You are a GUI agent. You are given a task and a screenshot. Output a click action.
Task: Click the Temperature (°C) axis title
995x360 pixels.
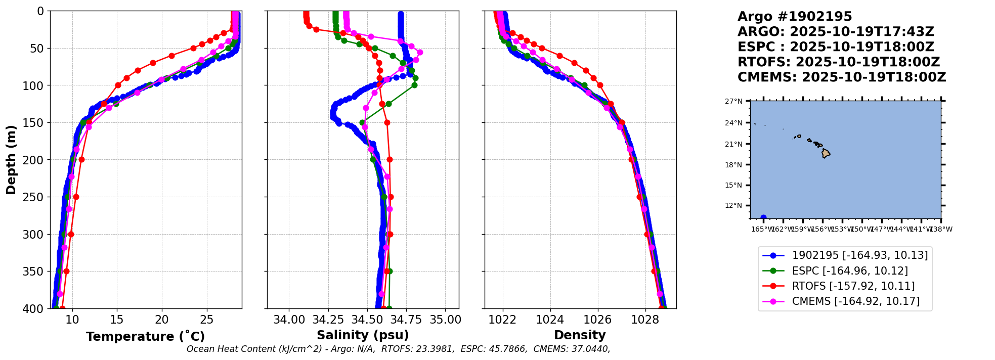[145, 337]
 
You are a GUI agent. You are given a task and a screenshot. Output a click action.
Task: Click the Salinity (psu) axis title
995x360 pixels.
[363, 335]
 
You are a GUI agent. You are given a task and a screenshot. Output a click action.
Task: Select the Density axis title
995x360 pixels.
[580, 335]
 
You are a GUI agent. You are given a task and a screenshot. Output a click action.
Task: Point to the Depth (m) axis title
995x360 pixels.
[11, 160]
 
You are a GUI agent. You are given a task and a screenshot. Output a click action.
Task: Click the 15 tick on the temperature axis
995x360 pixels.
[117, 320]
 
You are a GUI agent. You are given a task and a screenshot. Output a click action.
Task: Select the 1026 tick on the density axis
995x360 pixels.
[597, 320]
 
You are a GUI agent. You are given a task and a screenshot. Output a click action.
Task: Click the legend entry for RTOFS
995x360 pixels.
[853, 286]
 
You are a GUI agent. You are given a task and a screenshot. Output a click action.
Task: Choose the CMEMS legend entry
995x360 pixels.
[855, 301]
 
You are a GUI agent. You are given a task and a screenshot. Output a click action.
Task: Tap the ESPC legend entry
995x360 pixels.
[849, 271]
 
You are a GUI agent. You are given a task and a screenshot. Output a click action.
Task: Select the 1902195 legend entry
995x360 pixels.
[859, 255]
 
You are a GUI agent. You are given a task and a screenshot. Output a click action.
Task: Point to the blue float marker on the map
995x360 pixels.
[763, 217]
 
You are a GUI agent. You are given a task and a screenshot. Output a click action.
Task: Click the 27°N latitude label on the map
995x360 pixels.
[734, 102]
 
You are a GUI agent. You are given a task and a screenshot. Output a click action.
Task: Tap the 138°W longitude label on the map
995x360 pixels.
[941, 229]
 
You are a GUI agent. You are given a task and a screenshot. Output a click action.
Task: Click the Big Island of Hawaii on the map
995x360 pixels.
[826, 153]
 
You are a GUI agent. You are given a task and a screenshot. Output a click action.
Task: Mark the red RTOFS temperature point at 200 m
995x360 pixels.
[81, 159]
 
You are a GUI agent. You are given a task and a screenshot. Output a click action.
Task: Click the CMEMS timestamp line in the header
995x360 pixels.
[841, 77]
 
